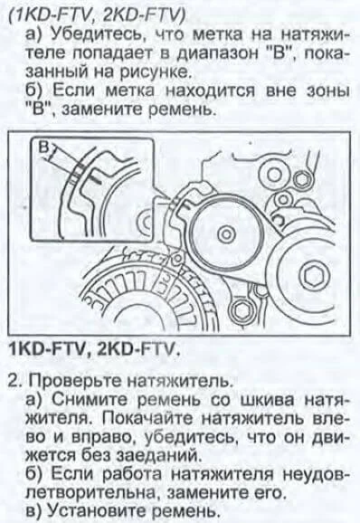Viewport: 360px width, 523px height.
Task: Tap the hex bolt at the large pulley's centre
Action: [x=312, y=275]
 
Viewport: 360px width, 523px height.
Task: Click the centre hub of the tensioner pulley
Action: [x=226, y=235]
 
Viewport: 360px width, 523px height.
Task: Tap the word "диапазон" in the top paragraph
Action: [x=216, y=53]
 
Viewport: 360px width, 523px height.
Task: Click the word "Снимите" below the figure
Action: [x=89, y=399]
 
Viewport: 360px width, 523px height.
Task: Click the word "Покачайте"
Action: [x=147, y=418]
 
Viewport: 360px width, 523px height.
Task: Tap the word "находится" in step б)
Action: [x=210, y=91]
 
